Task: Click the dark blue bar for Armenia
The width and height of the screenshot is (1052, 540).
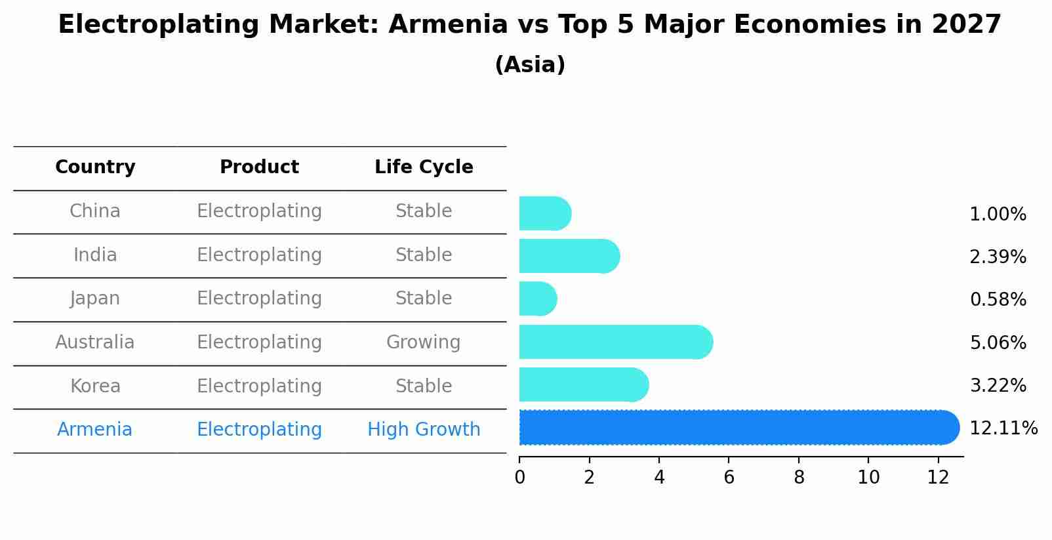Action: tap(739, 427)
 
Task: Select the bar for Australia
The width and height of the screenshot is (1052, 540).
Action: tap(616, 342)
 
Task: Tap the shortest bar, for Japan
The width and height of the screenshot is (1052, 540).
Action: tap(538, 299)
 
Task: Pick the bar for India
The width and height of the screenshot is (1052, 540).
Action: tap(570, 256)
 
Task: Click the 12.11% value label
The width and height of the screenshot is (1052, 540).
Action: tap(1003, 428)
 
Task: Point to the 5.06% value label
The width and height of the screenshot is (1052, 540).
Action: tap(998, 343)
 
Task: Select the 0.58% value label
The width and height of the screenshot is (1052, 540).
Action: tap(998, 299)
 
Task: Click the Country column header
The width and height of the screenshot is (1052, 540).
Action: tap(95, 167)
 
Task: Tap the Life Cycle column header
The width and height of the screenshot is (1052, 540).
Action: tap(424, 167)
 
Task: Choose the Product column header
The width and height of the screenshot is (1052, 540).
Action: tap(259, 167)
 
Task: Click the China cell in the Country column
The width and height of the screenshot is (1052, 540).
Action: tap(95, 211)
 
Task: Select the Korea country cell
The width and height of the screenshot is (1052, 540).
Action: tap(95, 386)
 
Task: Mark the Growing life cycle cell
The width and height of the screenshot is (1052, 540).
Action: tap(424, 343)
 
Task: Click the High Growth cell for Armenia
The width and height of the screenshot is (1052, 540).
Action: tap(424, 430)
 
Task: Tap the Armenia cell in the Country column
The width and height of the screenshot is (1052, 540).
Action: tap(94, 430)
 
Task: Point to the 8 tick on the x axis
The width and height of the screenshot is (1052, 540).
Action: tap(799, 478)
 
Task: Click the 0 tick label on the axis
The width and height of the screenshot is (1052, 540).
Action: tap(520, 478)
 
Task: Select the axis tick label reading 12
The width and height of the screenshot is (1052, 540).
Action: tap(939, 478)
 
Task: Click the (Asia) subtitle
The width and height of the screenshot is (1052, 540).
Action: tap(530, 65)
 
